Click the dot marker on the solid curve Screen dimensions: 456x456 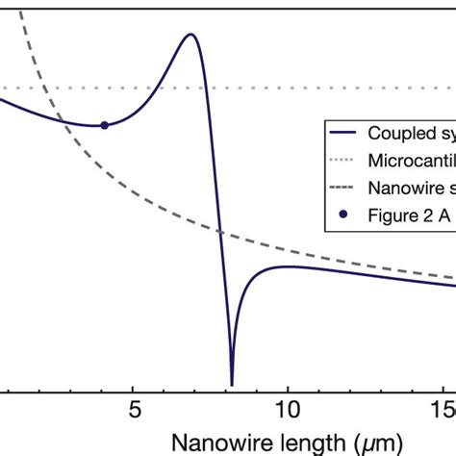pos(104,125)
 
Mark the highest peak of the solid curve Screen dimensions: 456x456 pos(190,35)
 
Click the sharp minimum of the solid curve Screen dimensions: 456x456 pos(232,383)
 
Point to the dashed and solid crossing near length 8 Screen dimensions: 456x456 pos(220,232)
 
